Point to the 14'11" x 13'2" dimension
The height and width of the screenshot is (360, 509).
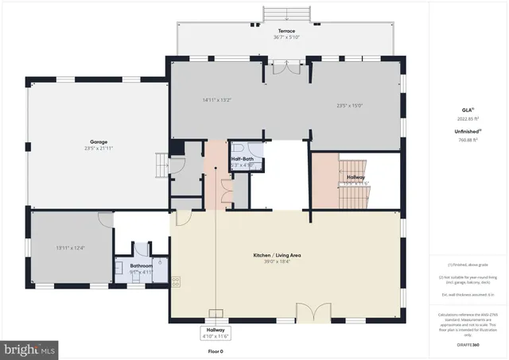[216, 100]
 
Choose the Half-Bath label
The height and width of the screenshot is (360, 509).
[242, 159]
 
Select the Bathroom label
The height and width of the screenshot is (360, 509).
[141, 266]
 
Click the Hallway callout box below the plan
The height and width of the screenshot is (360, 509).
[216, 331]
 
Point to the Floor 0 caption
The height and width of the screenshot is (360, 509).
[216, 350]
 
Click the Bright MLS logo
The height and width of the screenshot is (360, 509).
[30, 348]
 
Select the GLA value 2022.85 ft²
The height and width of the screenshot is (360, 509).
[466, 118]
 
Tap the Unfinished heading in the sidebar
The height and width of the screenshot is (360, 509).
[466, 130]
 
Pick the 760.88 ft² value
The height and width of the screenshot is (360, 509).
[466, 139]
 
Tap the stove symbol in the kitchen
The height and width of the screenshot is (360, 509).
[175, 280]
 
